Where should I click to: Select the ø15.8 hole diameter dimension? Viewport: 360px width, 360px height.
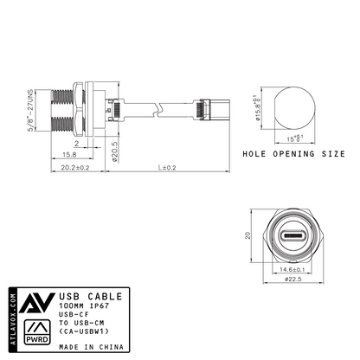[x=257, y=110]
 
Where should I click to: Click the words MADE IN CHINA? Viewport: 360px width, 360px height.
[x=91, y=346]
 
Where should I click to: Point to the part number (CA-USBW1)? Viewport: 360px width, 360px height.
[x=84, y=330]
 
